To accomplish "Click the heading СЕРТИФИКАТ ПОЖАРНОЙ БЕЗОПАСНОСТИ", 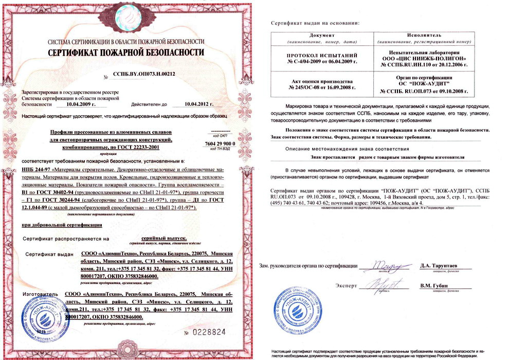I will (125, 52).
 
